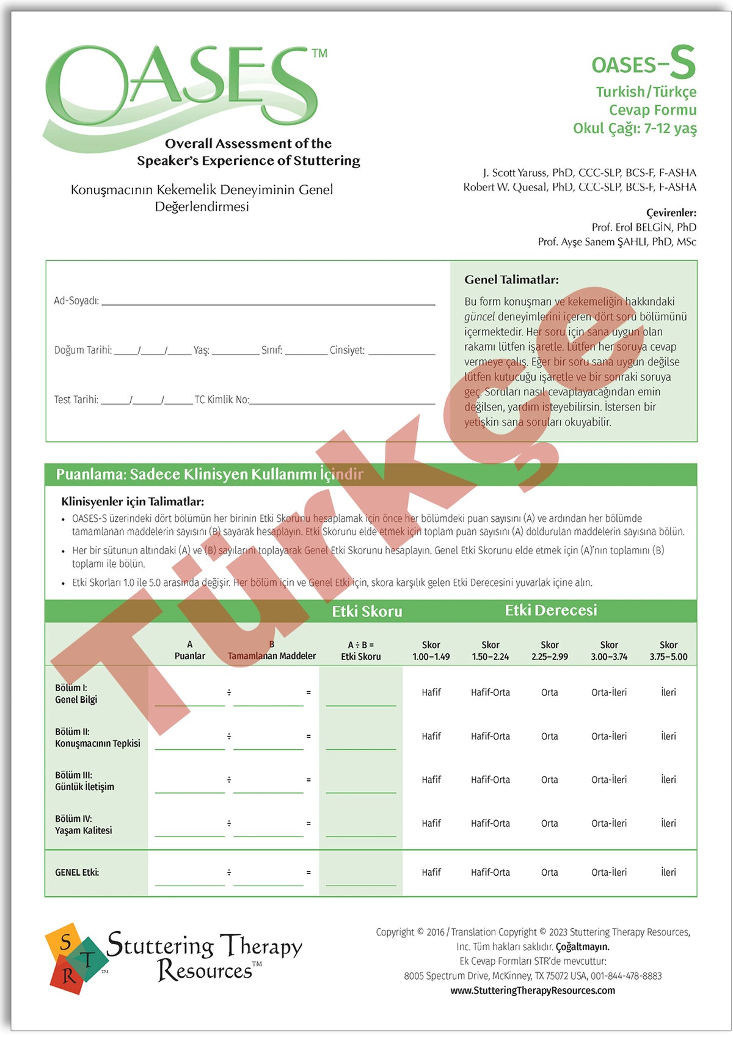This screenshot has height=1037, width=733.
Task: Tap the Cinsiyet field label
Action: pos(347,350)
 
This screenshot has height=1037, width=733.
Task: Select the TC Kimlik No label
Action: pos(222,400)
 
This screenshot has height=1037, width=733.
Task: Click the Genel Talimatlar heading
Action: pos(511,280)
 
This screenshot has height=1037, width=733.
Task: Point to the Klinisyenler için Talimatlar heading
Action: pos(133,502)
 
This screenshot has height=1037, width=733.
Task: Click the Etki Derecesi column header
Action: pos(550,610)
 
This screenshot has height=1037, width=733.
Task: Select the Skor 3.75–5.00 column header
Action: pos(668,651)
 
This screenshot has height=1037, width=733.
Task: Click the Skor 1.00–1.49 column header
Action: pos(431,651)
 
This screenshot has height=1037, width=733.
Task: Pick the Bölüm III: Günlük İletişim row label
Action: pos(84,781)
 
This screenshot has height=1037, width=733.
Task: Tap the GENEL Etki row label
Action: pos(77,873)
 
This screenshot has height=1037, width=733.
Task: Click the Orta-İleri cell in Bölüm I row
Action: pos(608,692)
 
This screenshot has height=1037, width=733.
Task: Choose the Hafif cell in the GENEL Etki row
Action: pos(431,873)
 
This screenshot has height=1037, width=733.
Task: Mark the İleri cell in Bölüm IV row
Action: pos(668,824)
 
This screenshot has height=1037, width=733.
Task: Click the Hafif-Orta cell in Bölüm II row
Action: pos(490,736)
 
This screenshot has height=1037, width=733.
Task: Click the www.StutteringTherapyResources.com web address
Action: pos(533,991)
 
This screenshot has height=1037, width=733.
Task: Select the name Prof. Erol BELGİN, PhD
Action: pos(644,227)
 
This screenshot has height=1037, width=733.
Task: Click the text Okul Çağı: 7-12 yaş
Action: pos(635,128)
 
